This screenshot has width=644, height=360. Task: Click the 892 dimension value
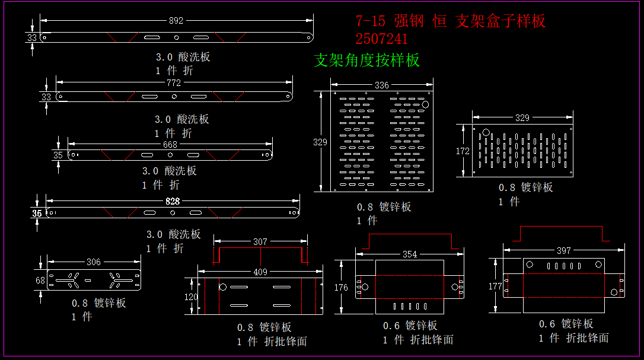click(x=176, y=21)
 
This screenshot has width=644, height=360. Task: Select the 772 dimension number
click(x=173, y=83)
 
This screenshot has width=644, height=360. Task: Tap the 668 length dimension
click(x=170, y=145)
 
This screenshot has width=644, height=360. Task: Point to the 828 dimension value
click(x=173, y=202)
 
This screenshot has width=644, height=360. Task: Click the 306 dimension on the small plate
click(x=94, y=262)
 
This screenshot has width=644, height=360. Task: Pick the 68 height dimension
click(x=40, y=281)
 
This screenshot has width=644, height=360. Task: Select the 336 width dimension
click(x=382, y=85)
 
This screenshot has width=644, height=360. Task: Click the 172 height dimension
click(x=463, y=151)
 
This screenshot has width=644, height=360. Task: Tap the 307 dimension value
click(x=260, y=242)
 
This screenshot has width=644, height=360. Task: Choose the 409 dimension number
click(x=260, y=272)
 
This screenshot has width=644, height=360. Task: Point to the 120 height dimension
click(x=190, y=297)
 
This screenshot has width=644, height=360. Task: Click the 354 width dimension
click(x=410, y=254)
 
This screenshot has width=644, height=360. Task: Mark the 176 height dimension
click(x=341, y=288)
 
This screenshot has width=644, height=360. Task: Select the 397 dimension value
click(x=563, y=251)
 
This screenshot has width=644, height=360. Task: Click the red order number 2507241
click(x=382, y=40)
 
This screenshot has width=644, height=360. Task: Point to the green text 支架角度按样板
click(x=366, y=60)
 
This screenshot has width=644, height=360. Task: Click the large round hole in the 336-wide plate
click(x=425, y=104)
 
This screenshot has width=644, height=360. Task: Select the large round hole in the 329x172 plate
click(x=486, y=133)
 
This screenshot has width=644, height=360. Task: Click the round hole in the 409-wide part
click(x=223, y=287)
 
